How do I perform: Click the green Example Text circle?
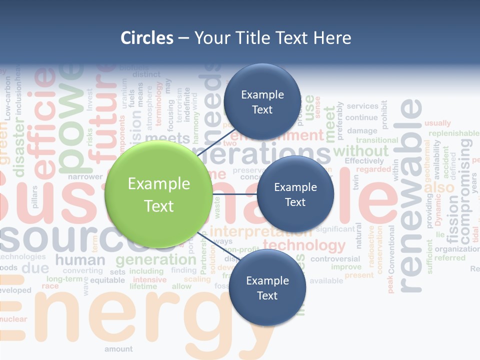coord(159,194)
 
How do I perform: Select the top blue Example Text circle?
coord(262,101)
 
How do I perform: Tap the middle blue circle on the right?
coord(295,194)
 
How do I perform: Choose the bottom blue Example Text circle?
coord(267,288)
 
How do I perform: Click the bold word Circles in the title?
coord(147,38)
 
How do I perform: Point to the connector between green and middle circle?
coord(234,194)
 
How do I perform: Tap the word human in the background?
coord(80,260)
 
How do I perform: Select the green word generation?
coord(155,259)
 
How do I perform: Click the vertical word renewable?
coord(411,195)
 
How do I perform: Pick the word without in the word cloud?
coord(360,150)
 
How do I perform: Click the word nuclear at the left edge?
coord(13,319)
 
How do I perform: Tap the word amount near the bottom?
coord(118,349)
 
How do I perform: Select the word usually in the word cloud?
coord(437,123)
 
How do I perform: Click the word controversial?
coord(335,259)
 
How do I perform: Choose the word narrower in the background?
coord(85,176)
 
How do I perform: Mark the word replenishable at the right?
coord(453,133)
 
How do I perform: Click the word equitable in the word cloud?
coord(107,280)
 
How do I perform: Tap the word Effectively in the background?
coord(364,161)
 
